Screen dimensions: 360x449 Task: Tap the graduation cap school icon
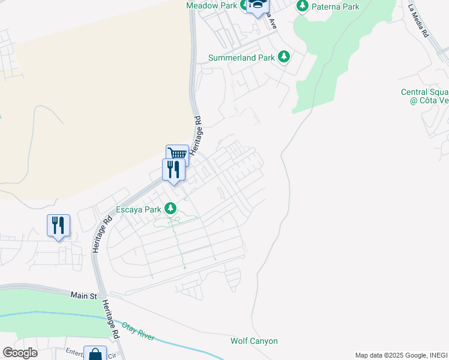click(x=258, y=5)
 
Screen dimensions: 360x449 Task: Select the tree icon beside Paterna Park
click(x=303, y=7)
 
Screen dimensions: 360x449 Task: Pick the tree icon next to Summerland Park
click(x=284, y=58)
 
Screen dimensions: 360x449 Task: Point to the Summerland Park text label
click(x=241, y=58)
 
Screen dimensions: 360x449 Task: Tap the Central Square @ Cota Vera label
click(x=426, y=96)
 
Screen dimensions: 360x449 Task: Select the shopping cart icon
click(x=177, y=154)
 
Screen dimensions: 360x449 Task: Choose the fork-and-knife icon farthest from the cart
click(x=58, y=225)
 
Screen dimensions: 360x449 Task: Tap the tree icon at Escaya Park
click(x=171, y=209)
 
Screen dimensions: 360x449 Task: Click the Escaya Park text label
click(x=139, y=209)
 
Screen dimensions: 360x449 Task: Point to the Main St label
click(x=83, y=296)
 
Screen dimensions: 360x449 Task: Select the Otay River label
click(x=138, y=331)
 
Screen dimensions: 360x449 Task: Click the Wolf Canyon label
click(x=254, y=341)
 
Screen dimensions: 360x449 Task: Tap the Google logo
click(x=20, y=353)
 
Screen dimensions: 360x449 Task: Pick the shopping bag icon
click(x=95, y=354)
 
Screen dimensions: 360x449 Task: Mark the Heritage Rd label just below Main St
click(x=110, y=320)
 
